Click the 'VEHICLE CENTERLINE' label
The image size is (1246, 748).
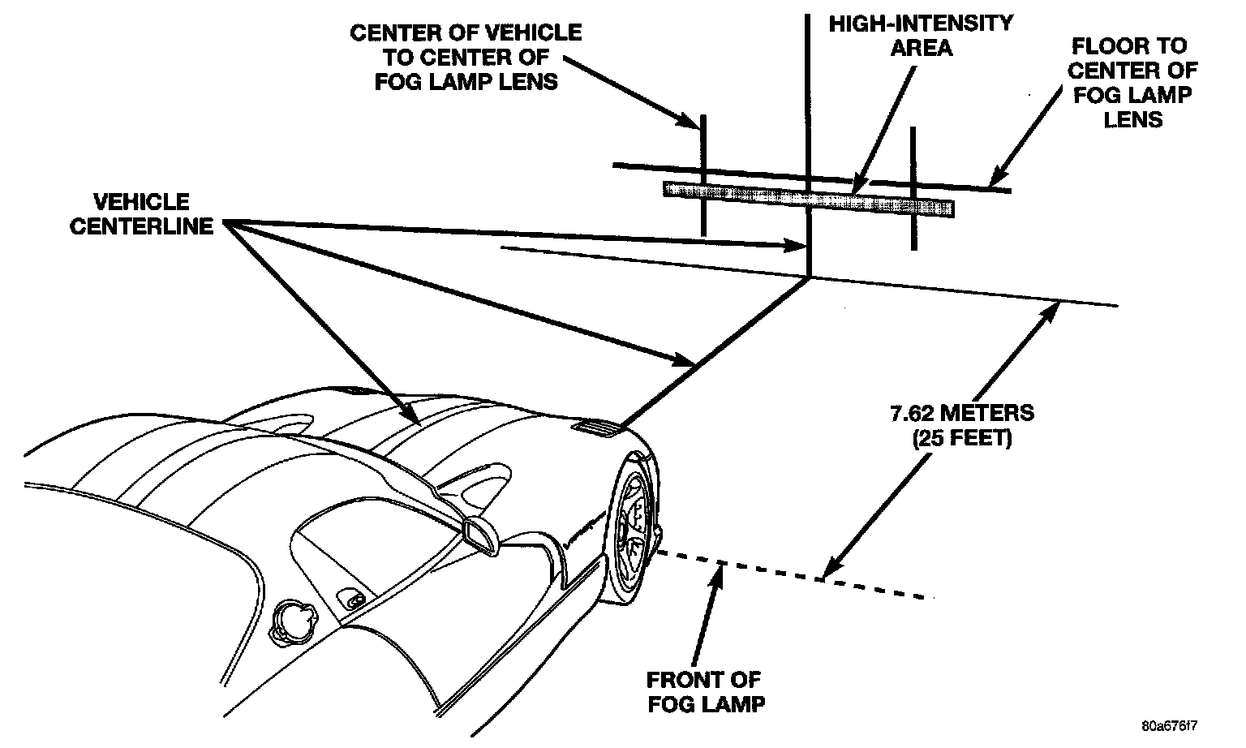pyautogui.click(x=141, y=213)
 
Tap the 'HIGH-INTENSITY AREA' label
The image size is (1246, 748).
pyautogui.click(x=921, y=35)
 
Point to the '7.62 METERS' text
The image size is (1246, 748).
pyautogui.click(x=961, y=413)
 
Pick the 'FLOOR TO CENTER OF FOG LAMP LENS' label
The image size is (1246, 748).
pyautogui.click(x=1132, y=82)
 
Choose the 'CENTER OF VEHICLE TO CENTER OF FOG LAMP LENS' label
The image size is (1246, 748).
pyautogui.click(x=466, y=57)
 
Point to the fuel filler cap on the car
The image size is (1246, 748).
pyautogui.click(x=292, y=622)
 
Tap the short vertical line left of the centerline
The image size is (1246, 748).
pyautogui.click(x=703, y=174)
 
